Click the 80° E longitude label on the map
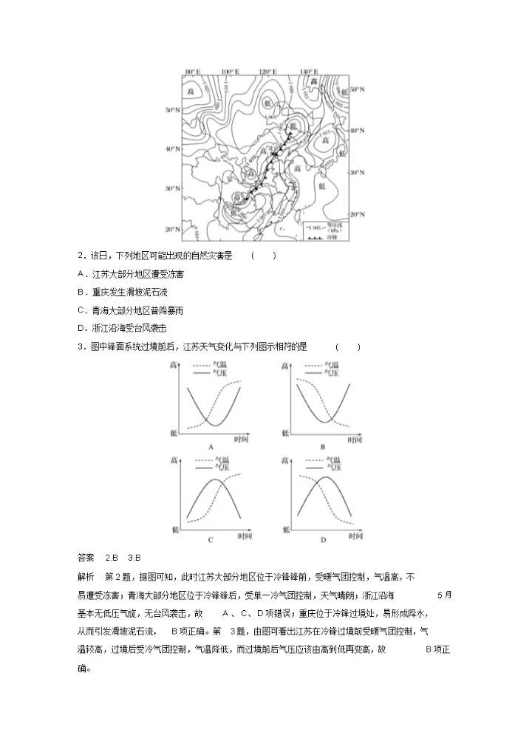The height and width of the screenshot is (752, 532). pos(194,72)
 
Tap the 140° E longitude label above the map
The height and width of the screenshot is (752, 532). pos(308,72)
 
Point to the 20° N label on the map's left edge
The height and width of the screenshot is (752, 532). pos(172,229)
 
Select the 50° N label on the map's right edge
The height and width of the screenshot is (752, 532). pos(358,89)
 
